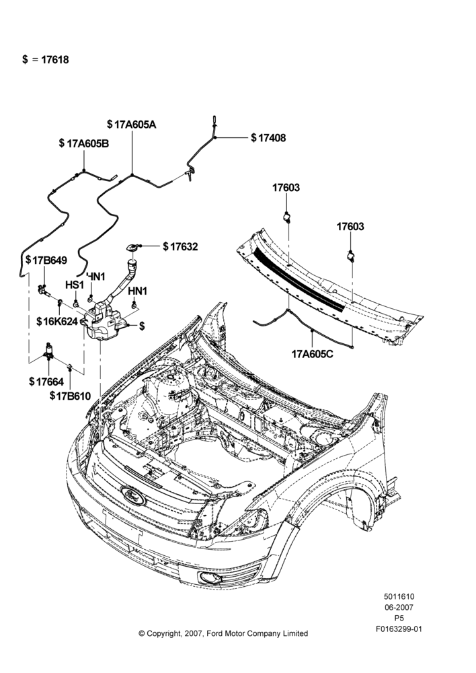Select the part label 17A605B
(x=88, y=143)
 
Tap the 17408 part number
(x=272, y=138)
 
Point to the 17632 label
(x=184, y=247)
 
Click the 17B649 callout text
(x=50, y=260)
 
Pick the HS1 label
(x=75, y=285)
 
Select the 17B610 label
(x=73, y=396)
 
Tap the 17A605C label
(x=312, y=354)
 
